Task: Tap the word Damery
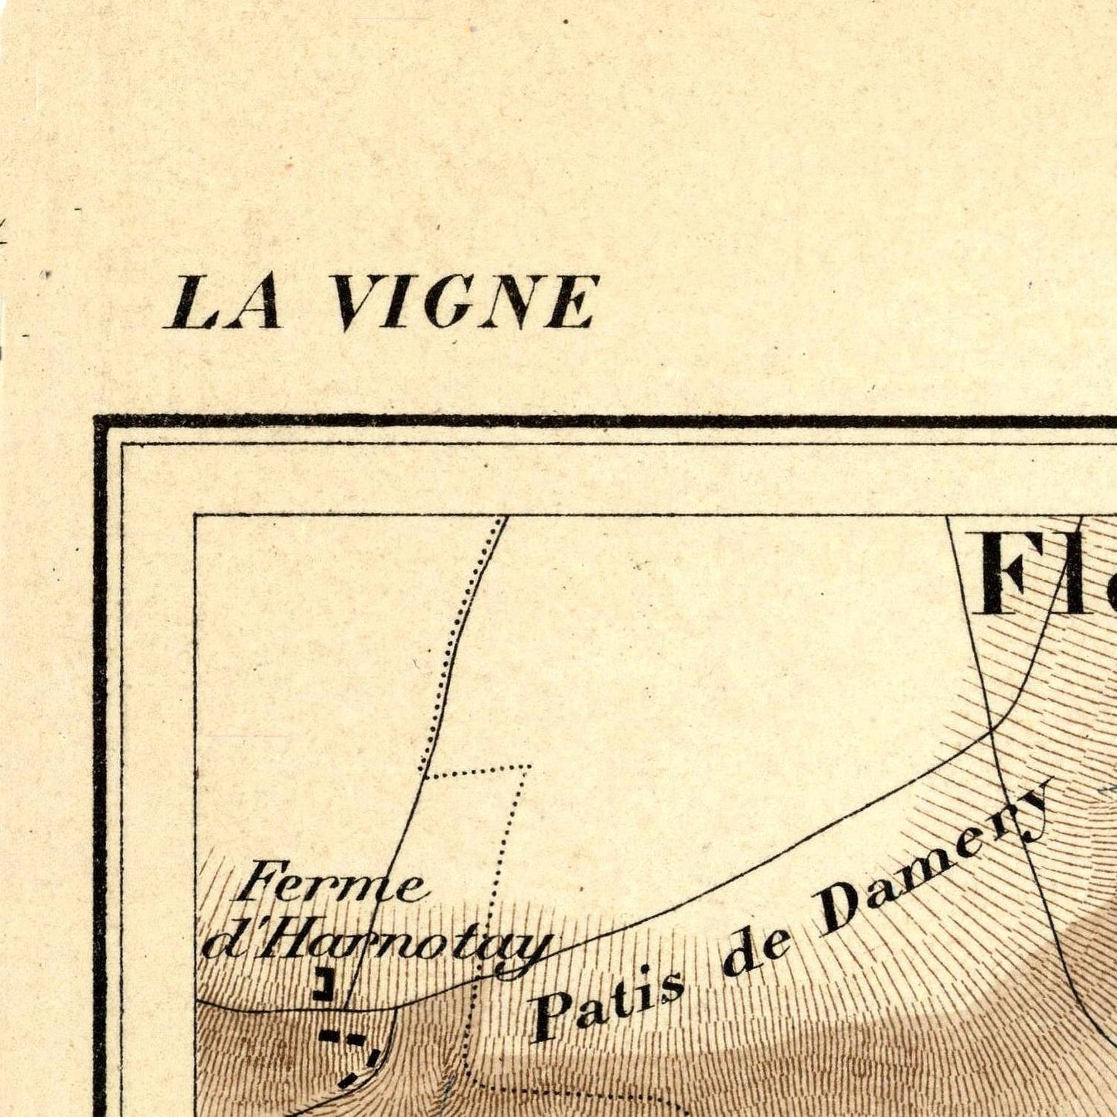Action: [x=935, y=862]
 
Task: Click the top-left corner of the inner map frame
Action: [x=195, y=516]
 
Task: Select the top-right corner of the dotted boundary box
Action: [x=530, y=767]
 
